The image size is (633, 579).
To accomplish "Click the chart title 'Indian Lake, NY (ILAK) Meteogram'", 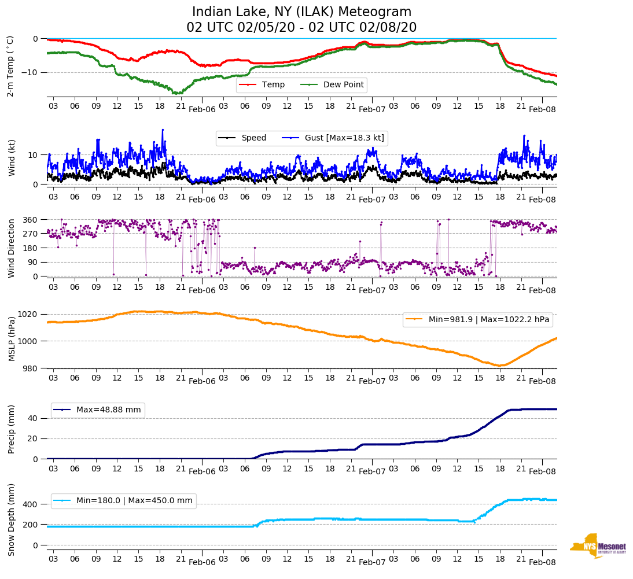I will pyautogui.click(x=301, y=12).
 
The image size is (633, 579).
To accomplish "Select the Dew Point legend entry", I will pyautogui.click(x=343, y=85).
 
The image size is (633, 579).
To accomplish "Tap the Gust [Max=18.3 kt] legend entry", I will pyautogui.click(x=344, y=138).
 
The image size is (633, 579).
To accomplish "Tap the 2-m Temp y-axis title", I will pyautogui.click(x=10, y=66).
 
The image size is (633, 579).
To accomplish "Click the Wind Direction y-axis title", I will pyautogui.click(x=10, y=248).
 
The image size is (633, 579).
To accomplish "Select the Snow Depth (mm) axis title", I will pyautogui.click(x=10, y=519).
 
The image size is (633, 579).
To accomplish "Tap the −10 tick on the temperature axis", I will pyautogui.click(x=30, y=72).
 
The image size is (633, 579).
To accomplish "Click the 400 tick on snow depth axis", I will pyautogui.click(x=31, y=504).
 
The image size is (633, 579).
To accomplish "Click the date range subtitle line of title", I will pyautogui.click(x=301, y=28).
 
